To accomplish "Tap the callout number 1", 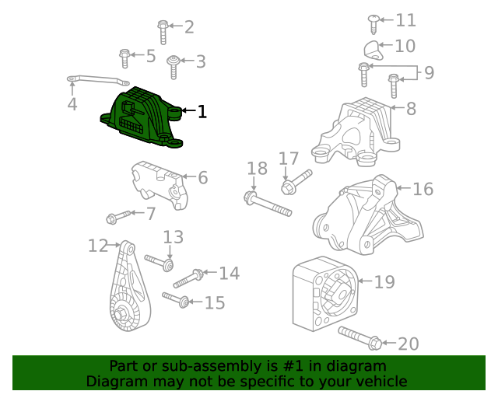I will (x=202, y=112).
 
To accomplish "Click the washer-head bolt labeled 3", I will (x=174, y=67).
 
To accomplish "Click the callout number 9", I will (x=429, y=73).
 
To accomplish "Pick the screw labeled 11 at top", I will (x=373, y=23).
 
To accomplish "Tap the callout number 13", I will (x=173, y=237).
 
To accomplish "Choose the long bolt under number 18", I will (x=268, y=204).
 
